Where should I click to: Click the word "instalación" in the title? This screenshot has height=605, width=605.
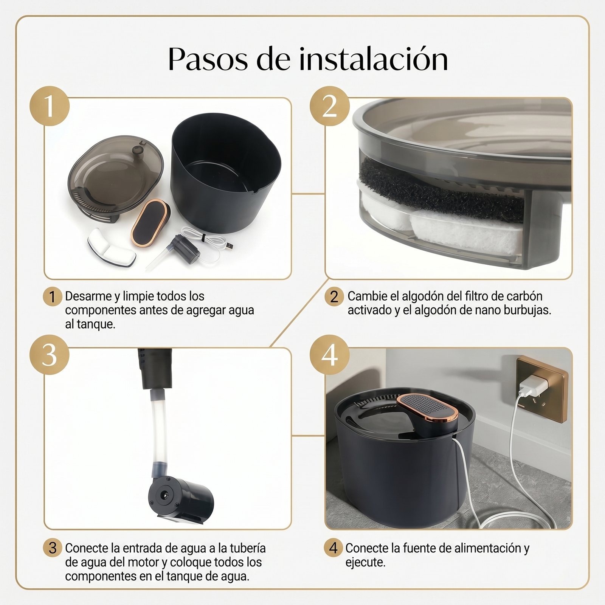374,59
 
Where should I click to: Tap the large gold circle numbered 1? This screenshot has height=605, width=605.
50,106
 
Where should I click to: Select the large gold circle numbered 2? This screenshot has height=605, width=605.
330,106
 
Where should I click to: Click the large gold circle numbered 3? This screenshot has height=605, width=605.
50,355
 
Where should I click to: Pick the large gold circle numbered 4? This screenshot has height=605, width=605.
330,355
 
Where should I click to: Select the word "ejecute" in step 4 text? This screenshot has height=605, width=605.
365,563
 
